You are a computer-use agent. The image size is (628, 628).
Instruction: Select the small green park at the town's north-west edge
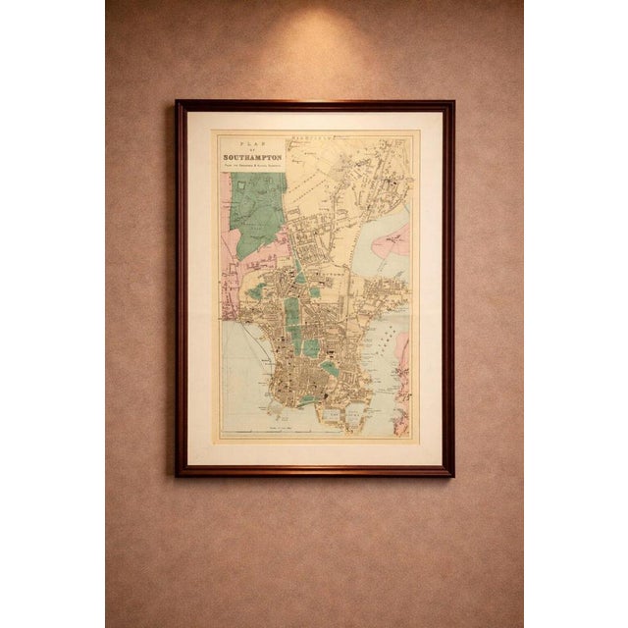coord(257,291)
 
